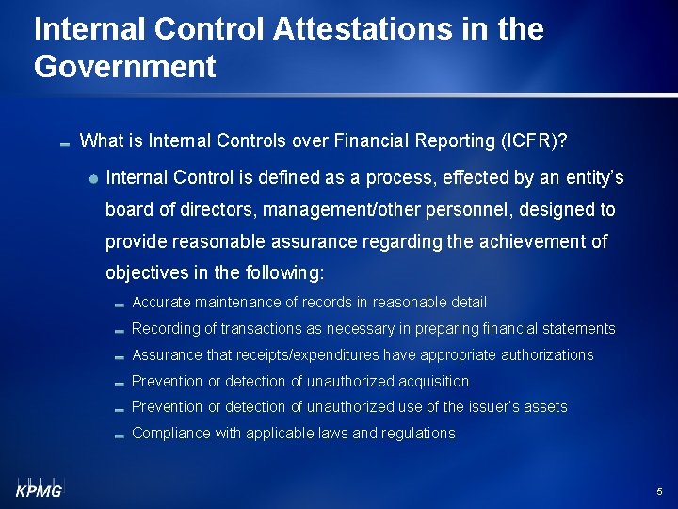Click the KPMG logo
click(38, 487)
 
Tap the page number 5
click(659, 492)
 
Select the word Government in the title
click(125, 67)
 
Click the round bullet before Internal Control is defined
click(95, 178)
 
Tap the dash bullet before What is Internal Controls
click(64, 144)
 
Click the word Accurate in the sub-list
click(162, 303)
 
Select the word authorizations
click(547, 355)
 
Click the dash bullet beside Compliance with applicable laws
click(119, 435)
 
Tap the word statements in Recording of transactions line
click(579, 329)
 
